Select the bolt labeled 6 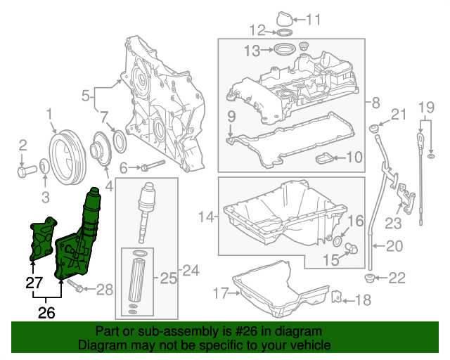[152, 167]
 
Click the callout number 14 [205, 217]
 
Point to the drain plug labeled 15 [352, 247]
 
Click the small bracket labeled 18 [337, 298]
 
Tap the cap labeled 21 [375, 129]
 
